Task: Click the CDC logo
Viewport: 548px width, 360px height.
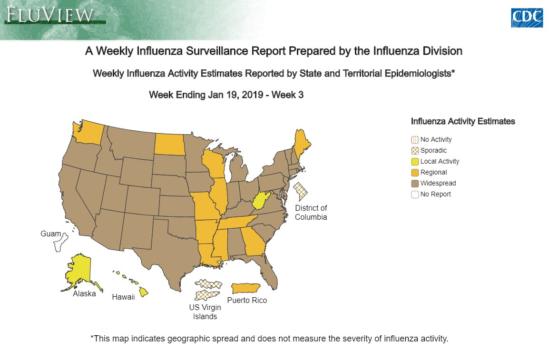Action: click(527, 18)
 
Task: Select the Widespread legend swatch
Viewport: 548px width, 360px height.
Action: click(415, 184)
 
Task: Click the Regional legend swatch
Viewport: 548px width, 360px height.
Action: click(415, 173)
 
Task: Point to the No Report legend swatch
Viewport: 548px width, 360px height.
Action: click(415, 195)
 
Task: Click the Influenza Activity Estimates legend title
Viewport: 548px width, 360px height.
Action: click(462, 122)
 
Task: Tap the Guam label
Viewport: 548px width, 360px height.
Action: click(51, 234)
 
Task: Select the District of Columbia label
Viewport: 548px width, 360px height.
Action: click(311, 213)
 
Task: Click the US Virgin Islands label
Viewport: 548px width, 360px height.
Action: click(205, 312)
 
